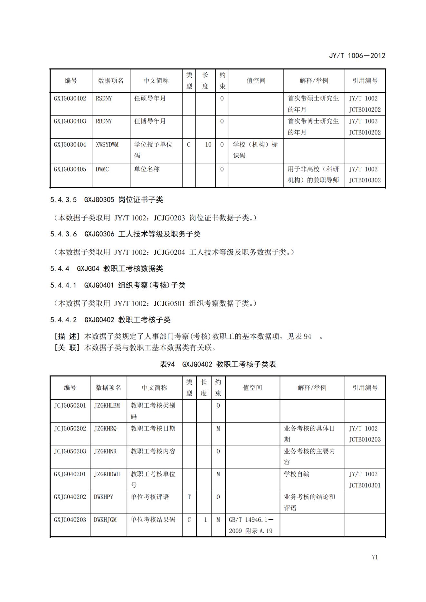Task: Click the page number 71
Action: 374,557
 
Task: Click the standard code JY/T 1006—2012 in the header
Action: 357,56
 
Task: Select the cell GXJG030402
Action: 70,98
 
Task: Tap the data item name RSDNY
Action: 104,98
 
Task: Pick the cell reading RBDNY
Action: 104,121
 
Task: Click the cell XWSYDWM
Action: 107,145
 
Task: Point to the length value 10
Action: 208,145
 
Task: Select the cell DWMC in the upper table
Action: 102,169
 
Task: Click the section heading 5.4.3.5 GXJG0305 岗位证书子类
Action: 106,200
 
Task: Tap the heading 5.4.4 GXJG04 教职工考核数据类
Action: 106,268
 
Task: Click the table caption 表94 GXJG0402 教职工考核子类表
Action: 218,364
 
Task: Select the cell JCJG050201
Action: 70,405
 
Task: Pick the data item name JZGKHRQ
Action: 105,429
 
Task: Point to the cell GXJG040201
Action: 70,474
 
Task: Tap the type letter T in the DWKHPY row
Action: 189,497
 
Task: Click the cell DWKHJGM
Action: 105,520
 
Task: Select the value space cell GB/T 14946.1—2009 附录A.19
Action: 251,525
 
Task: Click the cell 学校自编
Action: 296,474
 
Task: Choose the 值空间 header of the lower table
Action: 252,388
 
